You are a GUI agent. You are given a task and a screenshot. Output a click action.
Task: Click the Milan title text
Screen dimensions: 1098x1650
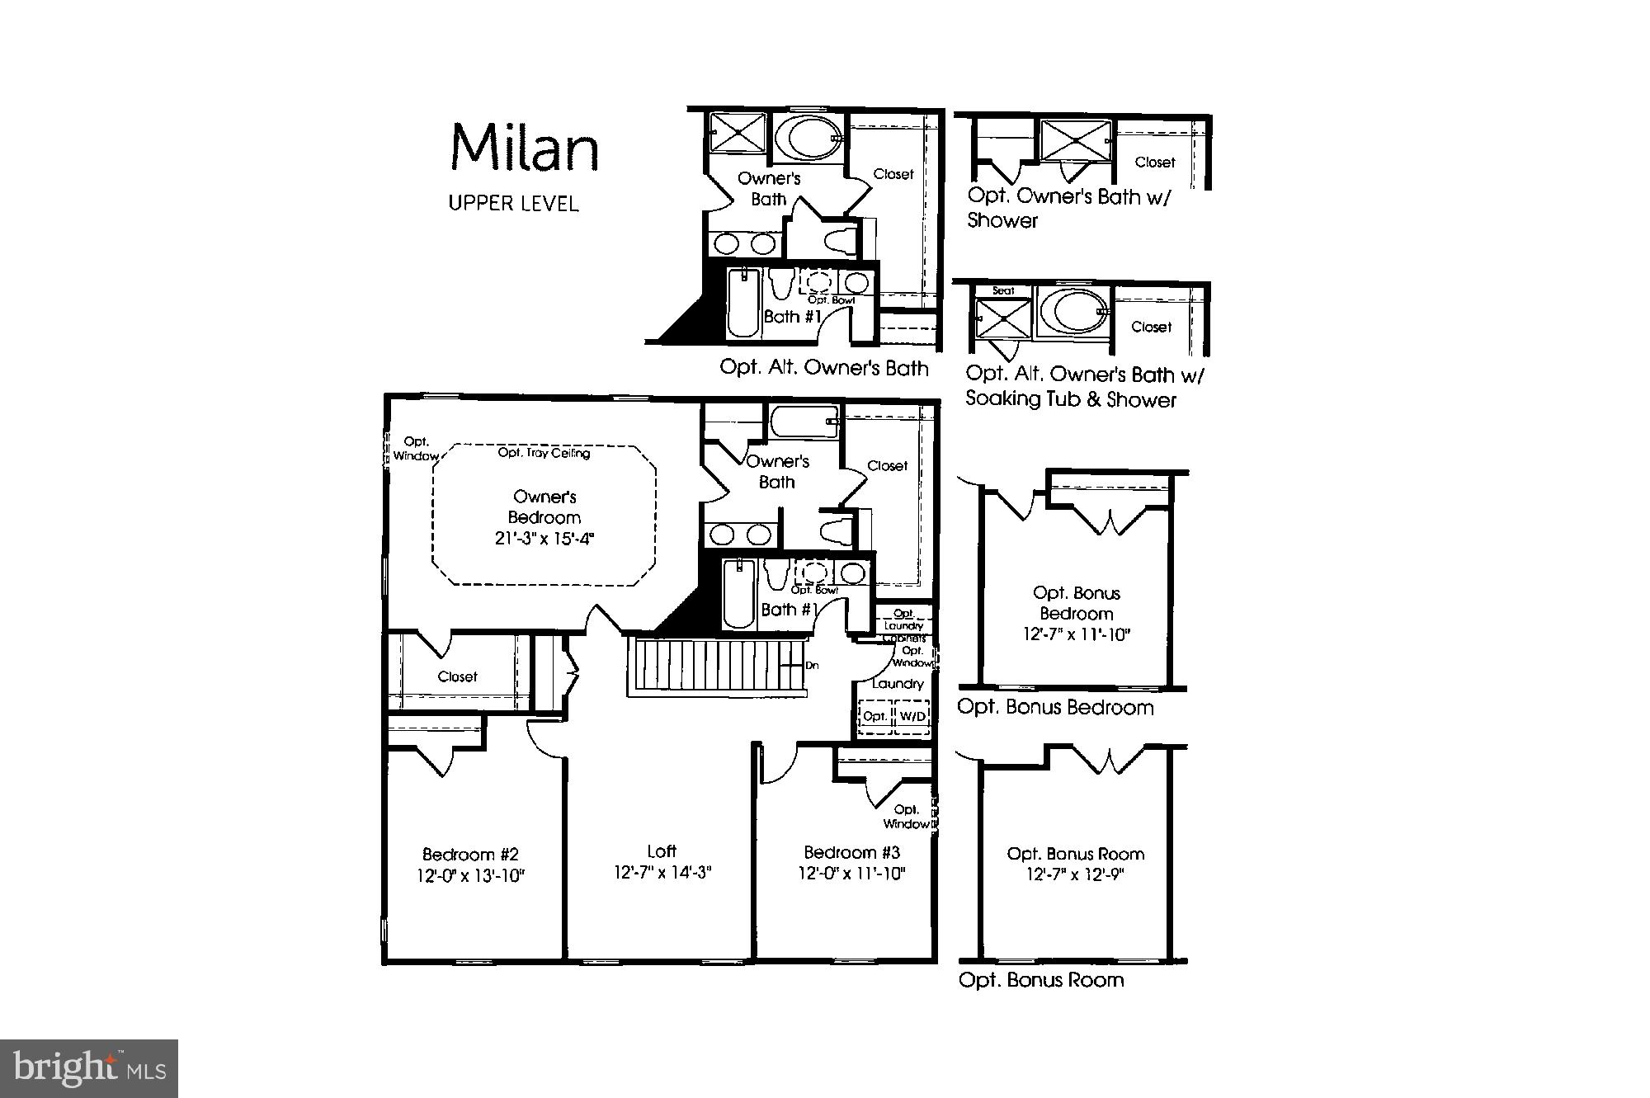pyautogui.click(x=524, y=148)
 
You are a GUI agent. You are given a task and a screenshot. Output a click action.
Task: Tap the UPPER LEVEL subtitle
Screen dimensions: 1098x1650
pyautogui.click(x=513, y=203)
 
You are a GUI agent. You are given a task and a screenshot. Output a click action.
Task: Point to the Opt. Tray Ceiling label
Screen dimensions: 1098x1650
pyautogui.click(x=544, y=453)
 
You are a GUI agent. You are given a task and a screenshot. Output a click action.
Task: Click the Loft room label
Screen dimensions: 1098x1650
pyautogui.click(x=662, y=851)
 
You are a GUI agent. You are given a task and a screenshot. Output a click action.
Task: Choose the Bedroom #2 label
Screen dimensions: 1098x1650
pyautogui.click(x=470, y=855)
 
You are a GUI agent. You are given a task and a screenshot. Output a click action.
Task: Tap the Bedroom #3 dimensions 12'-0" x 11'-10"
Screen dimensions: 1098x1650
pyautogui.click(x=851, y=874)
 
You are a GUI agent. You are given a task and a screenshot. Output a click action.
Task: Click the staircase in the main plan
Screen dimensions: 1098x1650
pyautogui.click(x=709, y=666)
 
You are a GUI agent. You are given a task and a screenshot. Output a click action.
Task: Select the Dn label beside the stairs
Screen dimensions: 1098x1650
pyautogui.click(x=812, y=666)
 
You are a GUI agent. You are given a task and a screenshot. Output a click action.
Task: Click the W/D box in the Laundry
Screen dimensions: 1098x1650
pyautogui.click(x=912, y=716)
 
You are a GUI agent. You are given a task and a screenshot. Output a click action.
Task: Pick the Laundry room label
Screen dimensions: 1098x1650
pyautogui.click(x=897, y=684)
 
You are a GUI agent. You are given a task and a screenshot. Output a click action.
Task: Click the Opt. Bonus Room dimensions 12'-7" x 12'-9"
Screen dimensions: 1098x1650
pyautogui.click(x=1075, y=874)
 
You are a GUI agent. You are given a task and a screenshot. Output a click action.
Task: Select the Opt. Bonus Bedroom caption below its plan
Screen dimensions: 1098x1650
pyautogui.click(x=1055, y=708)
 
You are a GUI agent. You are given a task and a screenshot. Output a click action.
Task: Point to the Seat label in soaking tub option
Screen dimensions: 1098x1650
pyautogui.click(x=1003, y=290)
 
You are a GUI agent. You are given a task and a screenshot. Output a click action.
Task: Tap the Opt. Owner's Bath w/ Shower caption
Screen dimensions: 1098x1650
pyautogui.click(x=1068, y=208)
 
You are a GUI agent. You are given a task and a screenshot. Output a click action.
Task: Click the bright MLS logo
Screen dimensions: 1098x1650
pyautogui.click(x=90, y=1069)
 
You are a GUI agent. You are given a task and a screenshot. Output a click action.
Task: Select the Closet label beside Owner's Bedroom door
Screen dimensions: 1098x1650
pyautogui.click(x=457, y=676)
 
